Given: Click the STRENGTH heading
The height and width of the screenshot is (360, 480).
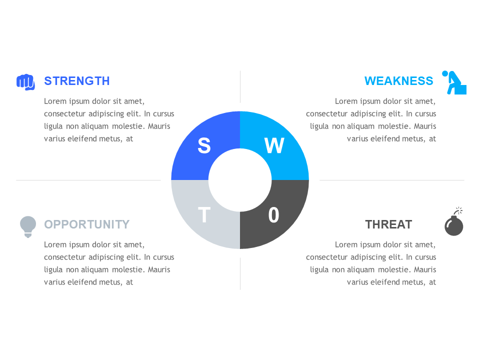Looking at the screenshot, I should pos(76,81).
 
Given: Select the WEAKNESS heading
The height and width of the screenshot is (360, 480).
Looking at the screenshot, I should pos(398,81).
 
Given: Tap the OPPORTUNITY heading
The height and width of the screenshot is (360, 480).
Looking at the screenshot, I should pos(86,224).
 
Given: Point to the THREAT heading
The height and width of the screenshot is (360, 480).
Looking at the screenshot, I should pos(388,224).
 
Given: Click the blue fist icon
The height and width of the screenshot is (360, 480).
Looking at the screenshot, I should pos(25,82).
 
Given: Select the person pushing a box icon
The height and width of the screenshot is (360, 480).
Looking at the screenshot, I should pos(453,82).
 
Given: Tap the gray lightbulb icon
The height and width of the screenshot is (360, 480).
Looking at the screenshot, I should pos(28,226).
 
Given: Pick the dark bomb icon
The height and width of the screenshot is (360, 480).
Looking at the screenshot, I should pos(453,225).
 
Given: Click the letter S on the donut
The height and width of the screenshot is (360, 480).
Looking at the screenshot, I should pos(204,145).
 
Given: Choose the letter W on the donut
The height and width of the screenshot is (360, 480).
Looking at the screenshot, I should pos(274,145).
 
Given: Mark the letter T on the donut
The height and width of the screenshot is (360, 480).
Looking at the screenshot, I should pos(204,215).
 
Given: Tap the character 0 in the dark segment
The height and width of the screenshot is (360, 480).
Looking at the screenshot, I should pos(273,215).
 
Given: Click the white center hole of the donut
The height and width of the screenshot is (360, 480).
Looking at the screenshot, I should pos(240,180).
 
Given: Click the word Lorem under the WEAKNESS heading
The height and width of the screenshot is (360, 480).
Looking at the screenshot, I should pos(346,101).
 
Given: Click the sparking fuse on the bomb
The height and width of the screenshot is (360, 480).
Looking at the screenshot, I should pos(458,210).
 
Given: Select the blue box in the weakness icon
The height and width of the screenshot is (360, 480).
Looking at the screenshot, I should pos(461,89).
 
